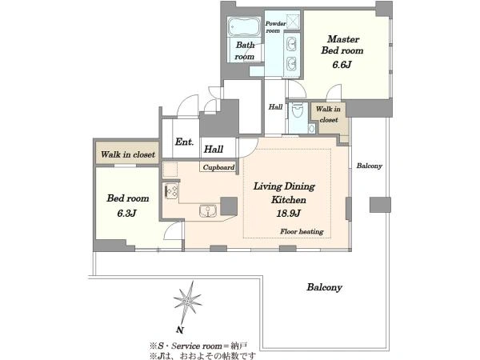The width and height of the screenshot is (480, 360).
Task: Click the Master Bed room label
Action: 342,45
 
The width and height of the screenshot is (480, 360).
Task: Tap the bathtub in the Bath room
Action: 244,27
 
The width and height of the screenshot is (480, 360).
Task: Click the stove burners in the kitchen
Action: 171,190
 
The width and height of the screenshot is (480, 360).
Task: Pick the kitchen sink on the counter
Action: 208,211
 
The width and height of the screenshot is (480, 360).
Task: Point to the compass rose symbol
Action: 187,302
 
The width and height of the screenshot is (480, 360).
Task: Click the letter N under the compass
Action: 180,330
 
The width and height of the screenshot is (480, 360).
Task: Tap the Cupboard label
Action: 218,167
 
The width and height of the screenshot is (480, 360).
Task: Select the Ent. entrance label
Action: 184,142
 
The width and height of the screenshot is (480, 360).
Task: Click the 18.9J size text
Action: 288,213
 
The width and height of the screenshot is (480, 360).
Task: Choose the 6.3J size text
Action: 126,213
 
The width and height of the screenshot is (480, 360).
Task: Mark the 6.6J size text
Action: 342,65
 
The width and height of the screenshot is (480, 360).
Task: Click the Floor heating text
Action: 302,231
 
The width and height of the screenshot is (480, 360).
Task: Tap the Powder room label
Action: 275,27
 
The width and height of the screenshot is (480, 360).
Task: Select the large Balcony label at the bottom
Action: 325,287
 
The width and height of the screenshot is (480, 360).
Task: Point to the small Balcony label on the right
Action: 369,166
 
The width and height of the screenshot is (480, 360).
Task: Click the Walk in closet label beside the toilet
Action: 328,114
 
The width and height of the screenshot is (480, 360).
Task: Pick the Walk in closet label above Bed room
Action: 128,154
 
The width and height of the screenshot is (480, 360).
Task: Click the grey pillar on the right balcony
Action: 380,205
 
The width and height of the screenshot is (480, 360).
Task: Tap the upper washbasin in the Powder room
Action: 291,44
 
